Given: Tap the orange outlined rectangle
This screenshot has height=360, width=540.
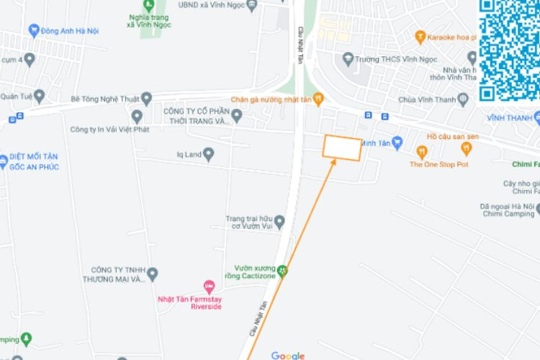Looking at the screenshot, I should coord(341,148).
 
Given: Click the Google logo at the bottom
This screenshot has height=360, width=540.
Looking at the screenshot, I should coord(288,355).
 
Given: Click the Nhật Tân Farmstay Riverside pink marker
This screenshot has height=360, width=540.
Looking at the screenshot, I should coord(209,287).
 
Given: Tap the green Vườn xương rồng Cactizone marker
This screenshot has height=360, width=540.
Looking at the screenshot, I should coord(283,271).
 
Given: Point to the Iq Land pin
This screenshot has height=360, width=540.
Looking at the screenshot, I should coord(209,153).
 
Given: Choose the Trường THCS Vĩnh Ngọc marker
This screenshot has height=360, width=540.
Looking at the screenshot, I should coord(348,58).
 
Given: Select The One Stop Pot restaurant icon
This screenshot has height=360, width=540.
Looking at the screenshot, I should coord(422,151).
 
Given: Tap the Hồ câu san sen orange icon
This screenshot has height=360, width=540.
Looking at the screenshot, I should coord(467,149).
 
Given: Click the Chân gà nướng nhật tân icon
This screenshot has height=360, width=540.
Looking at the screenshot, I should coord(318,99).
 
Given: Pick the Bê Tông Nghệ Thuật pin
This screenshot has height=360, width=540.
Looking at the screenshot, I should coord(146,99).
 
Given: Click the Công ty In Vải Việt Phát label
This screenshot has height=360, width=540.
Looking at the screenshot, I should coord(108,130).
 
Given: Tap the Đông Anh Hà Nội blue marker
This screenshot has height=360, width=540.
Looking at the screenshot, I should coord(33,31).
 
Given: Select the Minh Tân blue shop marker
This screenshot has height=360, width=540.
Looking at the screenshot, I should coord(397,143).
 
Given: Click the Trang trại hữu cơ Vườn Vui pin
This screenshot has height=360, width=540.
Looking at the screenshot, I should coord(279,222).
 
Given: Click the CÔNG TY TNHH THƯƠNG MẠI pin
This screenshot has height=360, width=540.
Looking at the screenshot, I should coord(152,274).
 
